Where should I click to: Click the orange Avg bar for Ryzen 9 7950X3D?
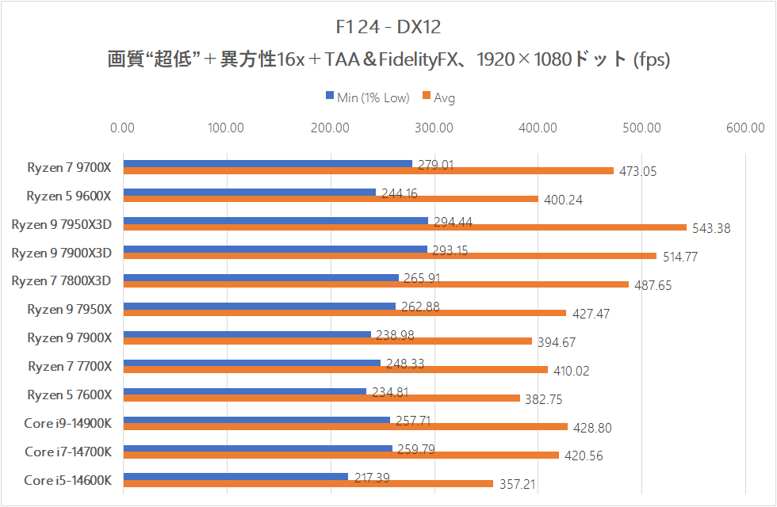coord(404,227)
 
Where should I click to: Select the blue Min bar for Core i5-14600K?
coord(235,476)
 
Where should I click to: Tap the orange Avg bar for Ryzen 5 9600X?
coord(331,199)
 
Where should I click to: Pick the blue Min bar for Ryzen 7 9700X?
coord(267,164)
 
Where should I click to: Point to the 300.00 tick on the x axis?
coord(434,127)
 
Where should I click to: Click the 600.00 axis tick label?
coord(745,127)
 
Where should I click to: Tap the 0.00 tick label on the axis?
coord(123,127)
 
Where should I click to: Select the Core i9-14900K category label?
coord(67,423)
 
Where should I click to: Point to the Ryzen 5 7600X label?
coord(70,395)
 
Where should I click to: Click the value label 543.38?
coord(711,228)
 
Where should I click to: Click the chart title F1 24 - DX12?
coord(388,27)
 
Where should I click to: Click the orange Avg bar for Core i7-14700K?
coord(341,456)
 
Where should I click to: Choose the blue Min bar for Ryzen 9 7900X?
coord(247,334)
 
